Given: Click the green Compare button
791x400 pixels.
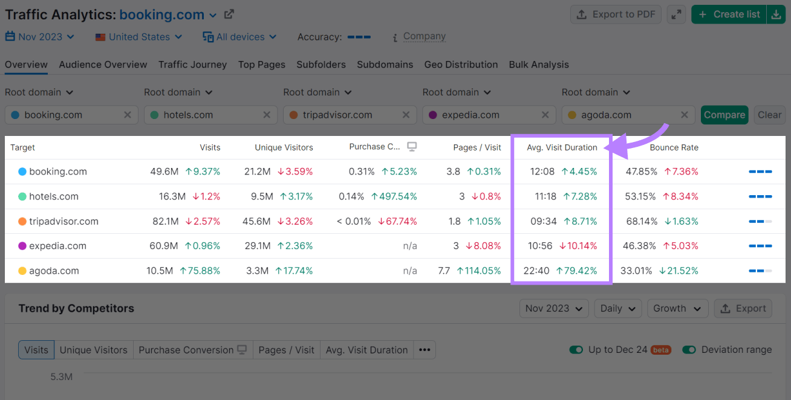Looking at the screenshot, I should click(724, 115).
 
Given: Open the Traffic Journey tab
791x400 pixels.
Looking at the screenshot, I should click(192, 65).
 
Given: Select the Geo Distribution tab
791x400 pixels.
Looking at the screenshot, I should click(461, 65).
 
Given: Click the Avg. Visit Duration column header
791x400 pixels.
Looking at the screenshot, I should click(562, 147).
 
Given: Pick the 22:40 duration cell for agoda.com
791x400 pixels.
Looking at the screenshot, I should click(536, 271).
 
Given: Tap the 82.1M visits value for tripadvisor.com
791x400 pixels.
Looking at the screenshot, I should click(165, 221).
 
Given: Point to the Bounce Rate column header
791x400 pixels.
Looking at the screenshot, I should click(674, 147).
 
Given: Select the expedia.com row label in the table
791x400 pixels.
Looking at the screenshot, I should click(57, 246).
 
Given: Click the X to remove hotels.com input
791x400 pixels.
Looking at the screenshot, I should click(267, 115).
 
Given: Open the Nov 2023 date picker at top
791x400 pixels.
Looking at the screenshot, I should click(40, 37).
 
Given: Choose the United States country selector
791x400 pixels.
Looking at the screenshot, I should click(139, 37).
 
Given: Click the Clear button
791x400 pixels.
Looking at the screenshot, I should click(769, 115).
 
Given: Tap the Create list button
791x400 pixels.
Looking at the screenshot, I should click(729, 15).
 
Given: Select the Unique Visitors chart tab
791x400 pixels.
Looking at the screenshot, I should click(94, 350).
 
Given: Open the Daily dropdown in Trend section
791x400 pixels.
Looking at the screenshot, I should click(617, 308).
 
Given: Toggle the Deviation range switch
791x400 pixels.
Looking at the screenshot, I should click(689, 350).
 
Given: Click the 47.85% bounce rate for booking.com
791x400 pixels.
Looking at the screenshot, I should click(642, 172).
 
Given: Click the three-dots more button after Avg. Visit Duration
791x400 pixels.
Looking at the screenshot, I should click(425, 350).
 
